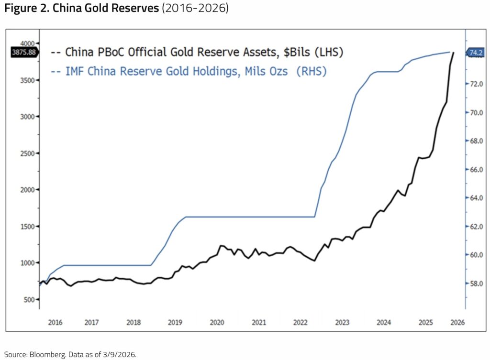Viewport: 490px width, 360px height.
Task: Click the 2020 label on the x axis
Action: (217, 322)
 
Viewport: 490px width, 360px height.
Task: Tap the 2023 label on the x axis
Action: (342, 322)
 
